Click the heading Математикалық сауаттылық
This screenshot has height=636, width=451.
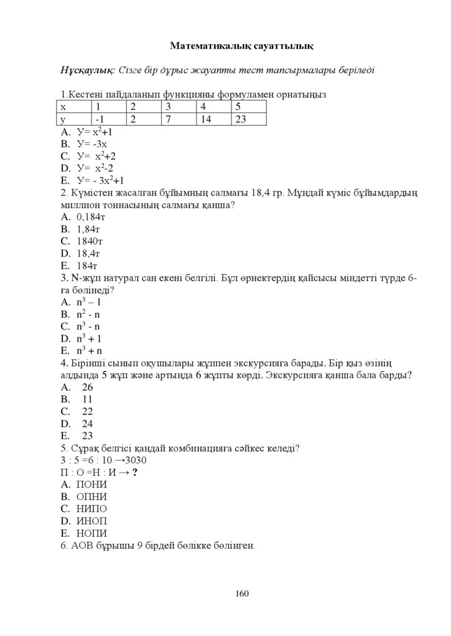(x=242, y=45)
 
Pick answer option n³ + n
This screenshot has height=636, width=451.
(x=89, y=351)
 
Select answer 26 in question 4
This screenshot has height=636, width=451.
(x=87, y=387)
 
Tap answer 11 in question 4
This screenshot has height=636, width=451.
(x=87, y=399)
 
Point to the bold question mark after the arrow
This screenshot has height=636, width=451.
(x=135, y=473)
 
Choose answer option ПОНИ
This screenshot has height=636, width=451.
(x=91, y=484)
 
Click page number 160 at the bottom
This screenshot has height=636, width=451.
(x=242, y=594)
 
